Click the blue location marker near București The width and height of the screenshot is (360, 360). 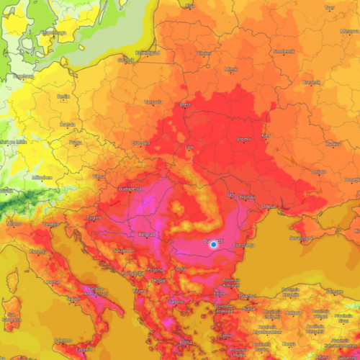[213, 245]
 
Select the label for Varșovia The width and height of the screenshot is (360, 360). [153, 102]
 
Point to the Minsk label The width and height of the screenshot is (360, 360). [230, 69]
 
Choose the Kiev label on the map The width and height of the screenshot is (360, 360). [266, 135]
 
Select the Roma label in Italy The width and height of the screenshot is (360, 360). [53, 282]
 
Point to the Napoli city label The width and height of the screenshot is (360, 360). [73, 298]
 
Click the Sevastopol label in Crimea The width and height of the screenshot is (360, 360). [301, 237]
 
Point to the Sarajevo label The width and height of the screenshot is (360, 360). [123, 251]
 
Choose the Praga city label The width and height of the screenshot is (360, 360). [76, 143]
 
